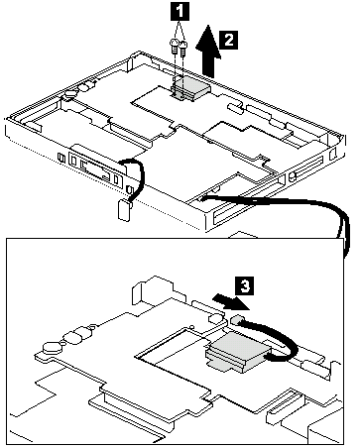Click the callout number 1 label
point(180,13)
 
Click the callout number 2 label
point(228,41)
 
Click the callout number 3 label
point(245,286)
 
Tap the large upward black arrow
point(208,51)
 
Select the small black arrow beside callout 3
point(230,302)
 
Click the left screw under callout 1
point(174,46)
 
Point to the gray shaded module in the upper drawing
point(191,87)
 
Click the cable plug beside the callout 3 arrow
point(237,319)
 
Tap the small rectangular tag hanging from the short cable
point(124,210)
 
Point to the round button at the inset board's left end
point(53,346)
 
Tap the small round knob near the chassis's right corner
point(292,175)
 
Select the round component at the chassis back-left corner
point(69,94)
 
